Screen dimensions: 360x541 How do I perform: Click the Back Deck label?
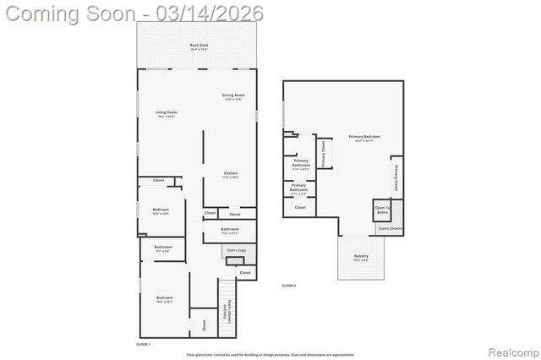[x=199, y=45]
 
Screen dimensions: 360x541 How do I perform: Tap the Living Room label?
[x=166, y=112]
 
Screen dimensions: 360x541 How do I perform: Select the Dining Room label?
[x=233, y=95]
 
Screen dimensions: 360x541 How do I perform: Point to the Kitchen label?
[x=231, y=173]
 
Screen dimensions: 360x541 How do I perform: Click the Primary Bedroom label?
[x=363, y=136]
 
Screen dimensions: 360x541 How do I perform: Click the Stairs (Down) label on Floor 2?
[x=390, y=228]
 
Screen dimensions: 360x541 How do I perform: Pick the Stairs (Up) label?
[x=235, y=250]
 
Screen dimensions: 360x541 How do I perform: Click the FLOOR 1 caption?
[x=143, y=345]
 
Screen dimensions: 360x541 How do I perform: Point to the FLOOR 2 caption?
[x=289, y=286]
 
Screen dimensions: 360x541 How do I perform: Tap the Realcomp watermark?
[x=509, y=349]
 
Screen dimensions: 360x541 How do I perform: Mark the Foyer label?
[x=225, y=314]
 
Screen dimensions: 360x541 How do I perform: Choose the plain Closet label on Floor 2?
[x=300, y=207]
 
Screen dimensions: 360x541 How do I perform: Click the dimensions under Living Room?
[x=166, y=117]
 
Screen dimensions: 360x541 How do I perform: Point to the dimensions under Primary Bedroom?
[x=363, y=141]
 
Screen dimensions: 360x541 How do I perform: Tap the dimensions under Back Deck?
[x=199, y=50]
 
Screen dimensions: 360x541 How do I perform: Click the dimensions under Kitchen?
[x=231, y=178]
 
